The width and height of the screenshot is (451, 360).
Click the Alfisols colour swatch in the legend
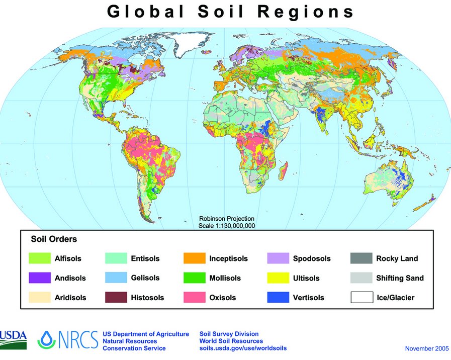[40, 258]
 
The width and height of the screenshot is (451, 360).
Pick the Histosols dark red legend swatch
[116, 297]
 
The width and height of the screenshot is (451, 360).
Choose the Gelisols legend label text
[145, 278]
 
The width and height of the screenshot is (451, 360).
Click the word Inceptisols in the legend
[228, 258]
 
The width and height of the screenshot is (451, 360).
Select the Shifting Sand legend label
[400, 278]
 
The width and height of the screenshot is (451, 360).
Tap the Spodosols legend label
[312, 258]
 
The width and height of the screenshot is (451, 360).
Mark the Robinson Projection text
[227, 219]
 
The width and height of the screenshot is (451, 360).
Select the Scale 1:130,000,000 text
[227, 226]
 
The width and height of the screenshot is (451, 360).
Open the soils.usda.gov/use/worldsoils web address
[243, 348]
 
